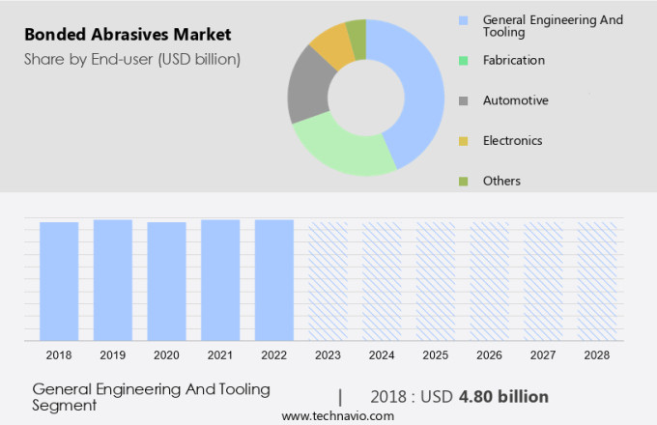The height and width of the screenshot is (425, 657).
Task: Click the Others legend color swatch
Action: point(464,181)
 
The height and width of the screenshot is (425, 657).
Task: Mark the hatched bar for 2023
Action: point(328,280)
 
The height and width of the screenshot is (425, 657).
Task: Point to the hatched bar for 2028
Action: point(597,280)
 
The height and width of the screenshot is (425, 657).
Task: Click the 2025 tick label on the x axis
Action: point(435,355)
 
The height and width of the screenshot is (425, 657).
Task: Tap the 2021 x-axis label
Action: point(220,355)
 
